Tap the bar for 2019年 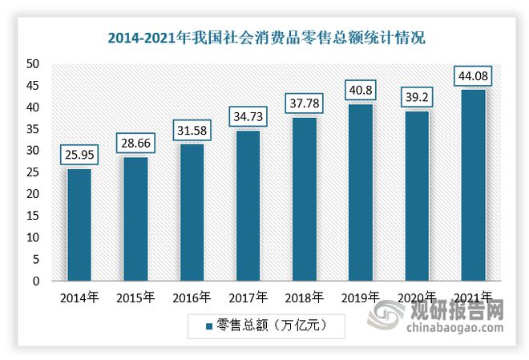pos(361,192)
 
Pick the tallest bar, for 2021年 pos(473,185)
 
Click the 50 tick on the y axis pos(34,63)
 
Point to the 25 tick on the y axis pos(34,172)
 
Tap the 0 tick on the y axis pos(37,281)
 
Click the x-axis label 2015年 pos(135,297)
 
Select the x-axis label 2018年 pos(304,297)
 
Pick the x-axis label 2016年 pos(191,297)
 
